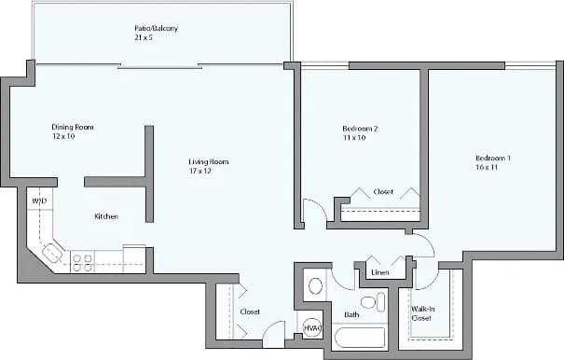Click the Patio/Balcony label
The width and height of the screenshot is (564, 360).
click(x=156, y=29)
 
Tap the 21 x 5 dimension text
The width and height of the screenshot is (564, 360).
click(x=144, y=39)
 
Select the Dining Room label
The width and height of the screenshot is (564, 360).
click(x=72, y=127)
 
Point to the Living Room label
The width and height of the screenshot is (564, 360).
click(x=209, y=161)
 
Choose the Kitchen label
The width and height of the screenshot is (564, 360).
click(x=105, y=216)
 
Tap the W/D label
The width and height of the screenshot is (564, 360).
click(x=38, y=201)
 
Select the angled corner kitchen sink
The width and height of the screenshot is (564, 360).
click(x=52, y=252)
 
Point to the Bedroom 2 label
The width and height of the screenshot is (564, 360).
click(x=360, y=128)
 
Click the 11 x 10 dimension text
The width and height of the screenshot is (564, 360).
click(x=352, y=138)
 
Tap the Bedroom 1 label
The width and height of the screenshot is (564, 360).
click(x=492, y=158)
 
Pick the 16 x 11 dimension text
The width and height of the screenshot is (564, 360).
click(x=486, y=168)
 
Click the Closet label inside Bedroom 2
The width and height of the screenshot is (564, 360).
click(x=383, y=192)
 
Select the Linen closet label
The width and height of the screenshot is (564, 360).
click(x=379, y=273)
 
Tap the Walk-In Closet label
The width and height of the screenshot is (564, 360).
click(x=421, y=313)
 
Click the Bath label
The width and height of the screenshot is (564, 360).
click(x=351, y=315)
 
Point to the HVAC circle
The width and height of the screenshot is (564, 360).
click(x=312, y=327)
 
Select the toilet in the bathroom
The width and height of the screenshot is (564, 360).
click(x=372, y=302)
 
